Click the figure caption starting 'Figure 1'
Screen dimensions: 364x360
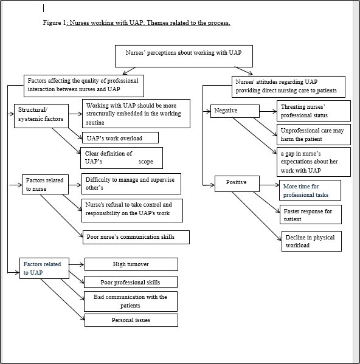pos(136,23)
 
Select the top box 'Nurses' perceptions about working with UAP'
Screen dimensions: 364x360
pos(183,56)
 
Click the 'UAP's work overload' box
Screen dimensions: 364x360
pos(120,138)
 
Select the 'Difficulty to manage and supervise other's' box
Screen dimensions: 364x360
pos(132,183)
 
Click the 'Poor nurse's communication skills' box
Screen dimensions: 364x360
pos(135,236)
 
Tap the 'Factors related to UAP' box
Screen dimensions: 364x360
pos(44,268)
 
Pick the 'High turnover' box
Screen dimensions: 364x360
pos(131,264)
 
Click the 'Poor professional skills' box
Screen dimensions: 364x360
pos(131,282)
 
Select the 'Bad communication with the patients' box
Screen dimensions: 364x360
pos(131,301)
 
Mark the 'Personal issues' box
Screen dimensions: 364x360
pos(131,320)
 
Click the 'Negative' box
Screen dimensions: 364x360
pos(233,111)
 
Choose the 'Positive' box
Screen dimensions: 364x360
pos(237,182)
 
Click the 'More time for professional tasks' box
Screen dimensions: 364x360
pos(310,190)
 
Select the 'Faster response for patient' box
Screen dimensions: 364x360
pos(310,215)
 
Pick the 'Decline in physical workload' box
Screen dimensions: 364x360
pos(311,241)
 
